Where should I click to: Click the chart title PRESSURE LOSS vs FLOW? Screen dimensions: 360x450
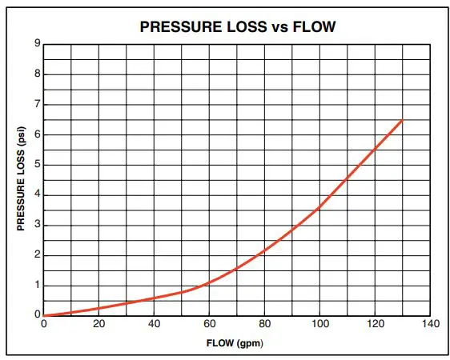pos(237,26)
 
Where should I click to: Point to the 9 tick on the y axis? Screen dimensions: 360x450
pos(37,43)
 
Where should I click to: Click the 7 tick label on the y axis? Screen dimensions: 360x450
pos(37,104)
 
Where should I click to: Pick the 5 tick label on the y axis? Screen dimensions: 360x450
pos(37,165)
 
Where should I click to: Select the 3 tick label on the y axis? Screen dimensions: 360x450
pos(37,225)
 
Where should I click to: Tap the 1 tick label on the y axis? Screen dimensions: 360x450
pos(37,286)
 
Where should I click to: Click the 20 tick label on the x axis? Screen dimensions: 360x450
pos(98,323)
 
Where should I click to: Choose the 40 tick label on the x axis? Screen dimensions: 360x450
pos(154,323)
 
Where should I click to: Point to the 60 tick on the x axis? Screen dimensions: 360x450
pos(209,323)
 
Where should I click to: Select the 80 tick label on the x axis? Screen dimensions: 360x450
pos(264,323)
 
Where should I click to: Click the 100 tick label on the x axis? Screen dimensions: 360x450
pos(319,323)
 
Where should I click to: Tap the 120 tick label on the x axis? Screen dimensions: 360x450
pos(375,323)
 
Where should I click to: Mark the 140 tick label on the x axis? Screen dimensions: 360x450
pos(430,323)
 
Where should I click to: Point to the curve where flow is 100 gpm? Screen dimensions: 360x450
pos(319,208)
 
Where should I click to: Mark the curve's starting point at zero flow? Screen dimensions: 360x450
pos(44,315)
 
